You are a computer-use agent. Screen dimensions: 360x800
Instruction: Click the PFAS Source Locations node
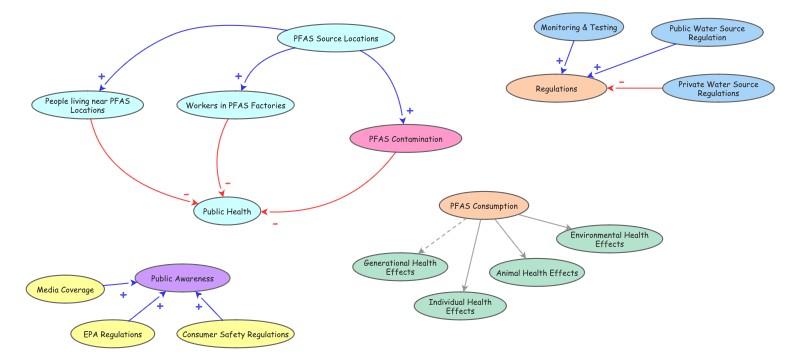335,39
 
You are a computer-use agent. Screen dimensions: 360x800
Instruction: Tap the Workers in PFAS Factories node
229,104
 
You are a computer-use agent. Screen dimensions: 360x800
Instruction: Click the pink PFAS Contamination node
405,139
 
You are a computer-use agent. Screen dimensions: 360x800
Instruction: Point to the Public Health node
228,211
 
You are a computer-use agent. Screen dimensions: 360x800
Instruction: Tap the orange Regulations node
556,88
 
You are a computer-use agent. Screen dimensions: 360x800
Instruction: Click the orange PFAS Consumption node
483,207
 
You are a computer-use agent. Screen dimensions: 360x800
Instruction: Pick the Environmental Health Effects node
609,239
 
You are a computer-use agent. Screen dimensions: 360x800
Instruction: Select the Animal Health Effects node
537,271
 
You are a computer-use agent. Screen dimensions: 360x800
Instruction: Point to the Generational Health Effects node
400,266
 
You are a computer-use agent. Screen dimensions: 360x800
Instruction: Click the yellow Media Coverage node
65,290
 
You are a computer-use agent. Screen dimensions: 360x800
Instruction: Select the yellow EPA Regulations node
112,334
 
